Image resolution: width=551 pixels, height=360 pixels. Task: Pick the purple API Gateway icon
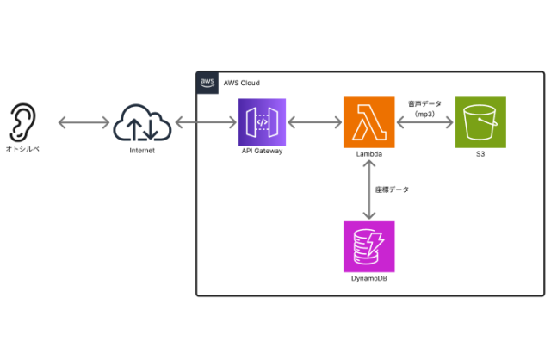[263, 122]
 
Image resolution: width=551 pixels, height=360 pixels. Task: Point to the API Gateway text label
[263, 152]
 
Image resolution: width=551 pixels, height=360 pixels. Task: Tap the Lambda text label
[368, 152]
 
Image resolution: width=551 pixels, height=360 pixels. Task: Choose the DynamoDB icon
[368, 246]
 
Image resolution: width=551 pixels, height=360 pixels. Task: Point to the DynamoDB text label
[368, 277]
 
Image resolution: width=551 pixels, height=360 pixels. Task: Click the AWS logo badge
[207, 82]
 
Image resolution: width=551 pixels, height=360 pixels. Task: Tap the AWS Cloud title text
[241, 83]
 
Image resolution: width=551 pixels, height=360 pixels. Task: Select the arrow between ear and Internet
[81, 123]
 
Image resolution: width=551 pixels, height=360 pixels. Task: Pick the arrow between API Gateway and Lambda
[315, 123]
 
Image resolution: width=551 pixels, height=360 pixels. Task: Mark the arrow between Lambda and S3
[424, 123]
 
